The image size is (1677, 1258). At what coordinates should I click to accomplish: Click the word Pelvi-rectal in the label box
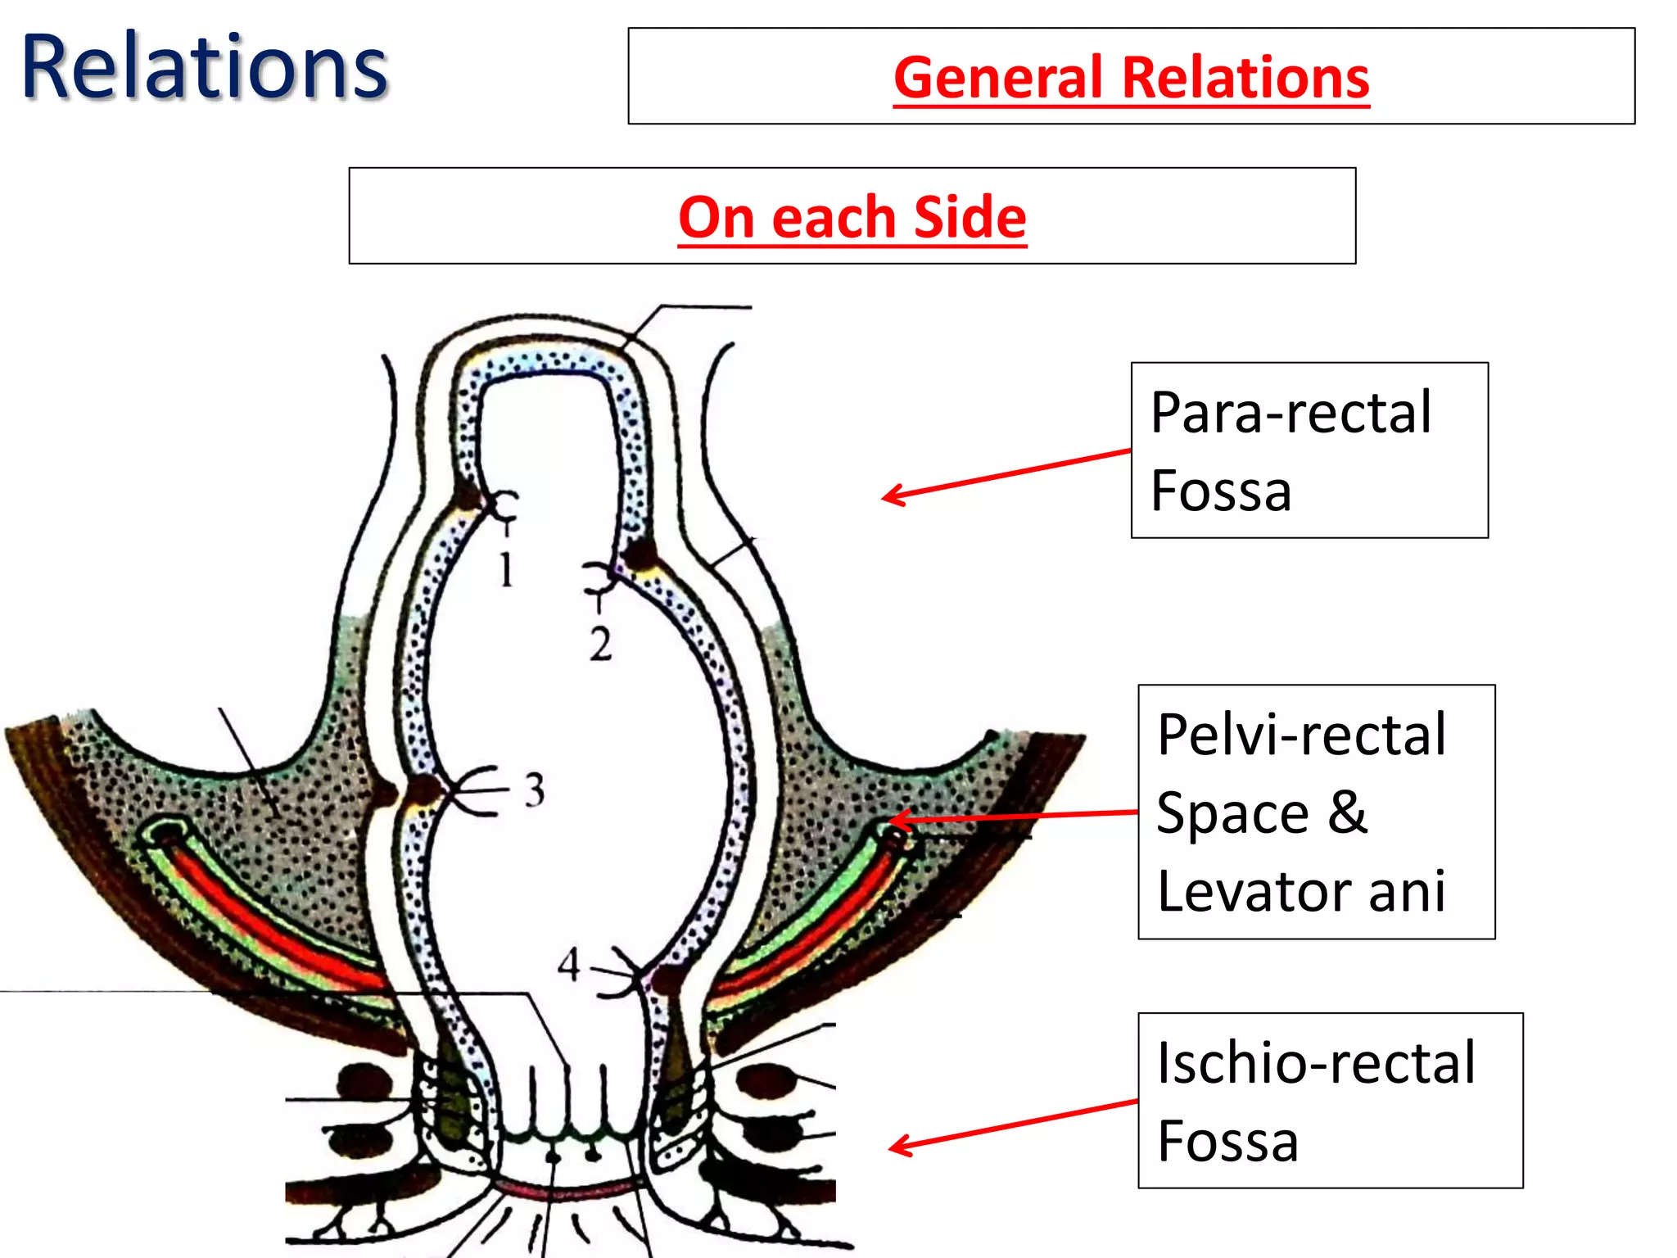pos(1301,735)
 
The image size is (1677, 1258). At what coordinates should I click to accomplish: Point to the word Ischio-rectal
pos(1316,1063)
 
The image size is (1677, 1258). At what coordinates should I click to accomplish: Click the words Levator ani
pos(1301,890)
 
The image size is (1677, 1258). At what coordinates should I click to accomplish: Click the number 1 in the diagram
pos(507,569)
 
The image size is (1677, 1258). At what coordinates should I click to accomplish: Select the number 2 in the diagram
pos(600,644)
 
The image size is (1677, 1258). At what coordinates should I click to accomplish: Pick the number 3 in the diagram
pos(534,790)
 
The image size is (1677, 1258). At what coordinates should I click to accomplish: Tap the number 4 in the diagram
pos(569,964)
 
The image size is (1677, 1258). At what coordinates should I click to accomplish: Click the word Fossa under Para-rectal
pos(1221,491)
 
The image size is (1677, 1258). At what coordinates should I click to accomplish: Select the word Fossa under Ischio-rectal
pos(1227,1141)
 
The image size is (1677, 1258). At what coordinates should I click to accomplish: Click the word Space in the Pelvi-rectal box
pos(1232,812)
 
